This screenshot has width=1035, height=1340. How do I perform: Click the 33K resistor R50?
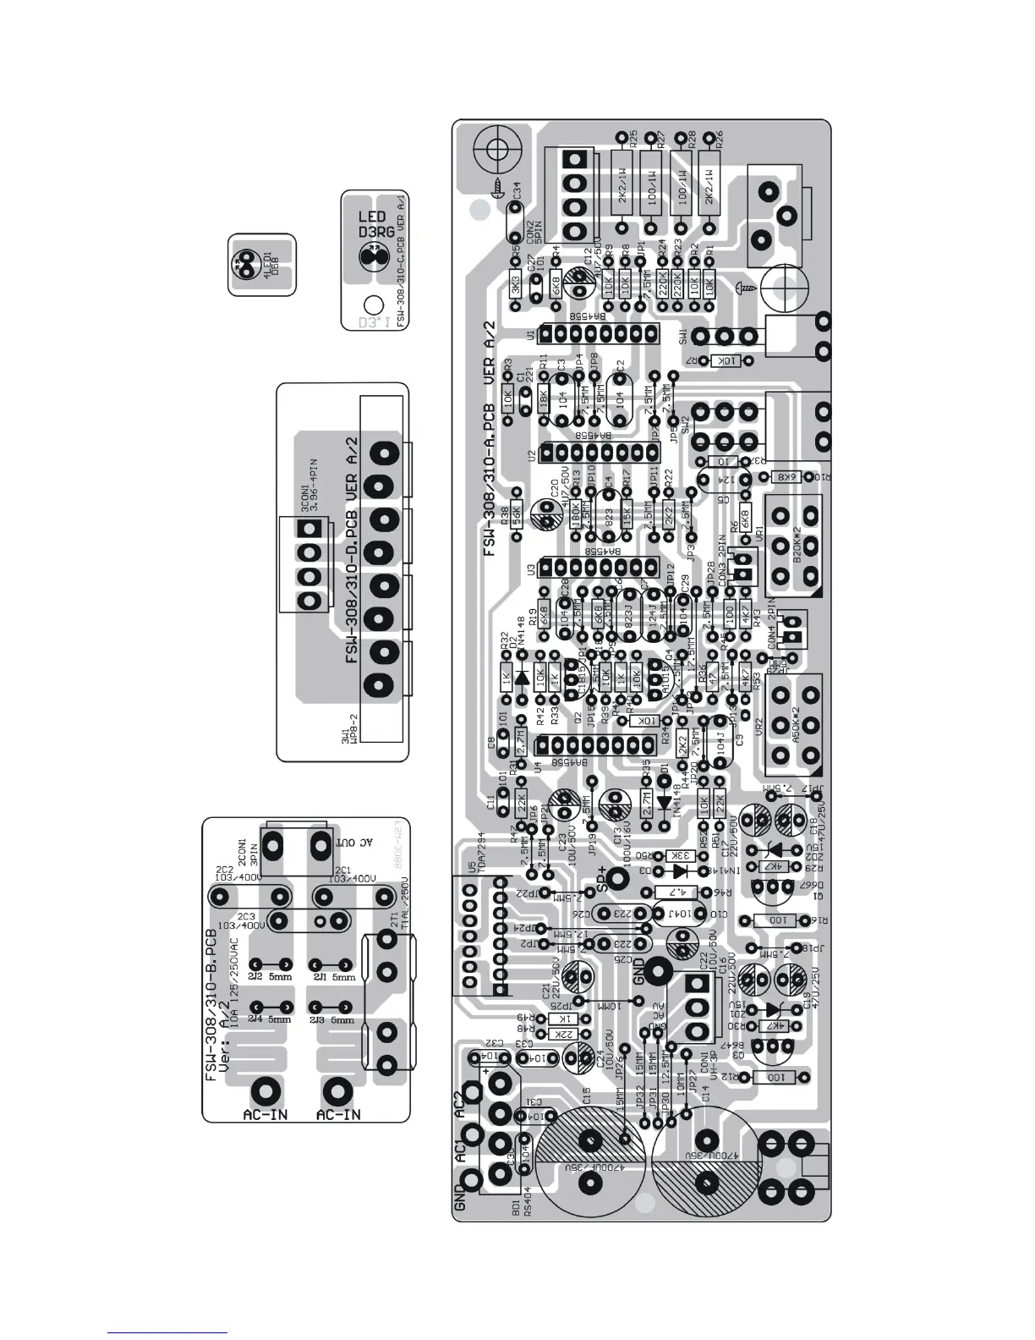pyautogui.click(x=681, y=855)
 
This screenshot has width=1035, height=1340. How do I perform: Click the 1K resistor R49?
pyautogui.click(x=560, y=1019)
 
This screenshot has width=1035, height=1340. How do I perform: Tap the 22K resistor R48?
pyautogui.click(x=560, y=1034)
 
